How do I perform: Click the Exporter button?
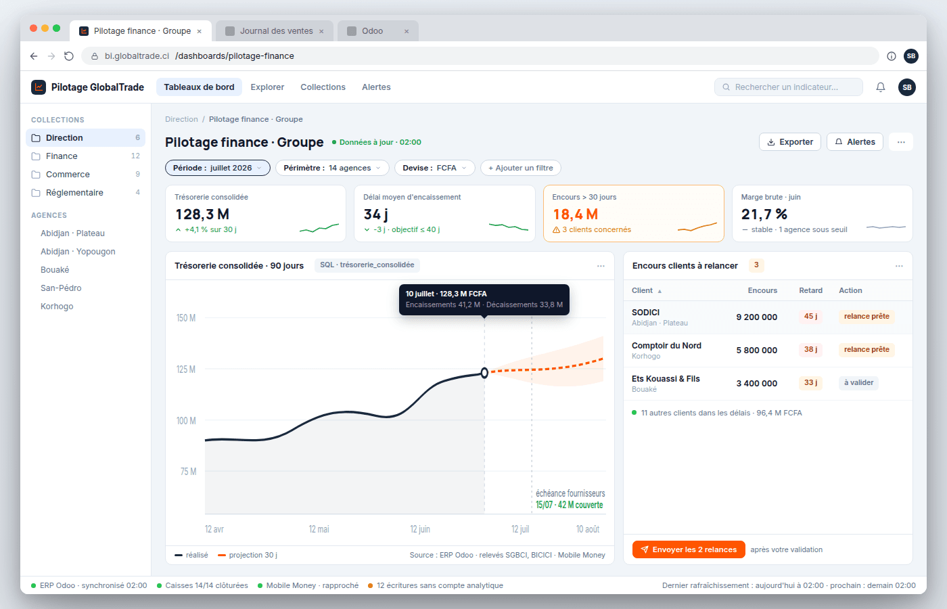790,141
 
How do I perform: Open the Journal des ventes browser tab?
275,31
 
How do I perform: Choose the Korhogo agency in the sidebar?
57,306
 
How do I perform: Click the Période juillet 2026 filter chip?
217,168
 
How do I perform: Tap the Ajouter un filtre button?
520,168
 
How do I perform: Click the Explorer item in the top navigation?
267,87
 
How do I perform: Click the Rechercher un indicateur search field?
789,87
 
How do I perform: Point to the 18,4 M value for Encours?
576,215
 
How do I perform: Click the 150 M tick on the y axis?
186,318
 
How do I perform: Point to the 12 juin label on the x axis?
420,529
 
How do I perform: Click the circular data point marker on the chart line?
484,373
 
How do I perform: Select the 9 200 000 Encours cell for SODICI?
756,317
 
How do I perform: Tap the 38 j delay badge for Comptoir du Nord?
810,349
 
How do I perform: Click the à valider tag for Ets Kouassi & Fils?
858,383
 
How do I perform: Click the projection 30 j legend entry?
248,555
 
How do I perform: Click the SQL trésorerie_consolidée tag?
367,265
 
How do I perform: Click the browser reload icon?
69,55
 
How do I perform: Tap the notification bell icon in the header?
880,87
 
